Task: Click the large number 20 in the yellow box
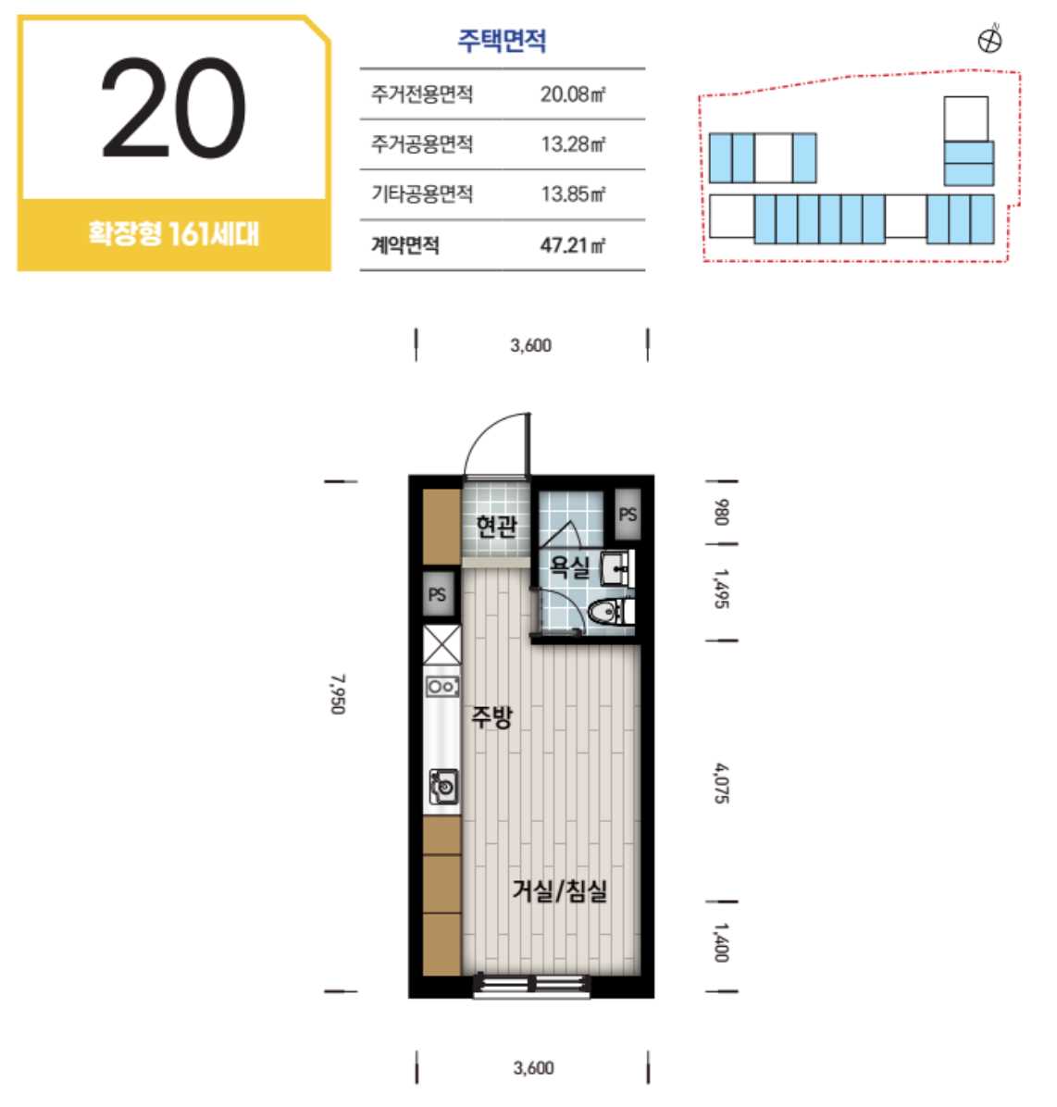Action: [x=174, y=108]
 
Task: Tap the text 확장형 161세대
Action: [x=174, y=233]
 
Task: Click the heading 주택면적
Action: [x=502, y=40]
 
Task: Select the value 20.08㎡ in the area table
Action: [x=573, y=93]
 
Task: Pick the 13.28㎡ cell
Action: [x=573, y=144]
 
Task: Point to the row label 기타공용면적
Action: [x=421, y=193]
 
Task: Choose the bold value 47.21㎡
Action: [x=572, y=245]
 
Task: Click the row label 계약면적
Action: [x=405, y=245]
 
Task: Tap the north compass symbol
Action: [x=990, y=40]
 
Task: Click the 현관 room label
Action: [x=496, y=525]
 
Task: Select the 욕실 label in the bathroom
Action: [x=569, y=566]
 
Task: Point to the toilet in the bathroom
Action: [x=611, y=612]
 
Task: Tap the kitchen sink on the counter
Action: [x=444, y=786]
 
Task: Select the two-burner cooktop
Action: [x=442, y=686]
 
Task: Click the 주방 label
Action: [x=491, y=717]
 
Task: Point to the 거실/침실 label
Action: [x=559, y=891]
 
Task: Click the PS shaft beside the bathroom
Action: [x=628, y=515]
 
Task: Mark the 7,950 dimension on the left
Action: [x=338, y=694]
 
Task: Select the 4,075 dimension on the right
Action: [x=721, y=783]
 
